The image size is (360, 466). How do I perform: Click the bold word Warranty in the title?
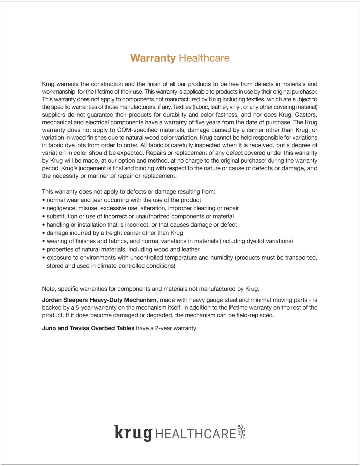pyautogui.click(x=153, y=58)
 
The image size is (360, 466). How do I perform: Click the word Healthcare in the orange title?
pyautogui.click(x=204, y=58)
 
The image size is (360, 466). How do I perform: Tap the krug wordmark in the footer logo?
pyautogui.click(x=133, y=433)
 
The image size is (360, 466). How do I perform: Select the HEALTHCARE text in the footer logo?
pyautogui.click(x=196, y=434)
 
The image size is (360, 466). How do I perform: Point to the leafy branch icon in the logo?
pyautogui.click(x=241, y=432)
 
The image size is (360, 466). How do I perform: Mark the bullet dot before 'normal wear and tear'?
pyautogui.click(x=44, y=200)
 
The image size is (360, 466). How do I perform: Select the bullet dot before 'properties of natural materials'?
pyautogui.click(x=44, y=250)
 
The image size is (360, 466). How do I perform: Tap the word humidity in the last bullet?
pyautogui.click(x=221, y=258)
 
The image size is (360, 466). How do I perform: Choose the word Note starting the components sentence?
pyautogui.click(x=49, y=289)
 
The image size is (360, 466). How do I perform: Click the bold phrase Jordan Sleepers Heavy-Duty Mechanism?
pyautogui.click(x=99, y=300)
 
